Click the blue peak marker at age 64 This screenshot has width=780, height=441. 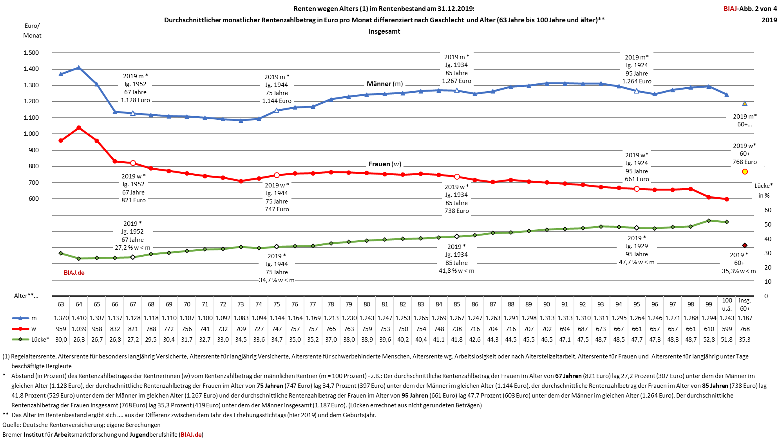pyautogui.click(x=79, y=68)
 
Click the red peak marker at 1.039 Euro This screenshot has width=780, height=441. pyautogui.click(x=79, y=128)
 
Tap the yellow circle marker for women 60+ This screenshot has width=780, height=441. pyautogui.click(x=745, y=172)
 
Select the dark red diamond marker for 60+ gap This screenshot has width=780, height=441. pyautogui.click(x=744, y=245)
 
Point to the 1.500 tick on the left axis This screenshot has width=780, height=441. pyautogui.click(x=31, y=53)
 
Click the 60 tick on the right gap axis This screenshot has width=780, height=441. pyautogui.click(x=767, y=210)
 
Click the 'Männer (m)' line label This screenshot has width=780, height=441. pyautogui.click(x=384, y=84)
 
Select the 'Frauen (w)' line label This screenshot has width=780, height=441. pyautogui.click(x=385, y=164)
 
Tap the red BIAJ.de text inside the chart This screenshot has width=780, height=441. pyautogui.click(x=74, y=273)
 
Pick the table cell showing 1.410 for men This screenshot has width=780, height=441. pyautogui.click(x=79, y=318)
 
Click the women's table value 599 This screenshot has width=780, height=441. pyautogui.click(x=727, y=329)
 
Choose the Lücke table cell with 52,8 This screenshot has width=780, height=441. pyautogui.click(x=709, y=340)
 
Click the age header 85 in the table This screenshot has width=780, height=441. pyautogui.click(x=457, y=304)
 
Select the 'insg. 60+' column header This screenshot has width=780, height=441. pyautogui.click(x=744, y=304)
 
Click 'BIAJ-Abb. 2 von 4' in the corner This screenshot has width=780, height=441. pyautogui.click(x=750, y=9)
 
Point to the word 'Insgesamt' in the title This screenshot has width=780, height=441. pyautogui.click(x=384, y=31)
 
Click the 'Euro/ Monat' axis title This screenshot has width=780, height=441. pyautogui.click(x=32, y=31)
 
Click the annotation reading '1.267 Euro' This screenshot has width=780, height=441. pyautogui.click(x=456, y=81)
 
